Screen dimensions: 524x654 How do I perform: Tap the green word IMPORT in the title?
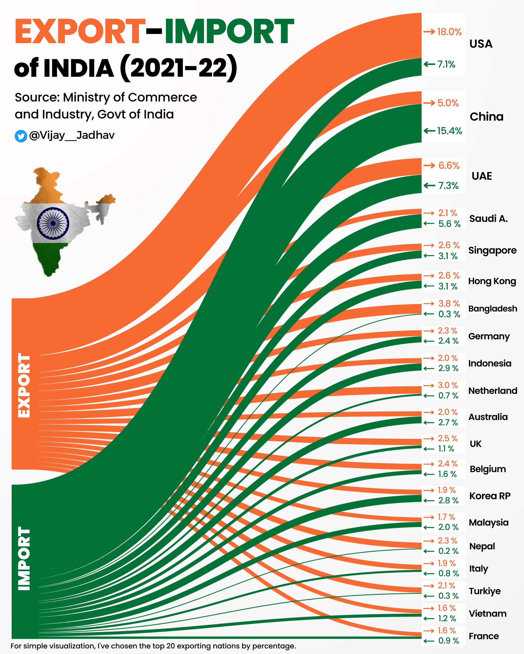[229, 31]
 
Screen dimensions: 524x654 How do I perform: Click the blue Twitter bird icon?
[21, 136]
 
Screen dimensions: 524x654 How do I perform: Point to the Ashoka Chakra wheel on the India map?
[53, 223]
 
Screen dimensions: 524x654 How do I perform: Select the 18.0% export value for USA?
[449, 32]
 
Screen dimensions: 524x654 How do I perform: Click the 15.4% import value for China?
[450, 131]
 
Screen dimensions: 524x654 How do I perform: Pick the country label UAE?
[482, 176]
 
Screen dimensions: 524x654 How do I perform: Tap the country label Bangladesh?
[493, 309]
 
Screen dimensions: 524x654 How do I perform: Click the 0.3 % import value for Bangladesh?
[449, 314]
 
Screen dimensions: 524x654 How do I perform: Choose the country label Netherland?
[493, 391]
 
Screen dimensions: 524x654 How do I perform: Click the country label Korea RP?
[490, 496]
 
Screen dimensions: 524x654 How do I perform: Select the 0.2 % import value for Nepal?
[448, 551]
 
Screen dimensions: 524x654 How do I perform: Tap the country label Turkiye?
[485, 591]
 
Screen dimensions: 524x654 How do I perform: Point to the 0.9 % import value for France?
[448, 641]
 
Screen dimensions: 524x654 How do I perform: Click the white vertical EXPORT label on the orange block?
[24, 385]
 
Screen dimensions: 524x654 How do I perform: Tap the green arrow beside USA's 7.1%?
[430, 64]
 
